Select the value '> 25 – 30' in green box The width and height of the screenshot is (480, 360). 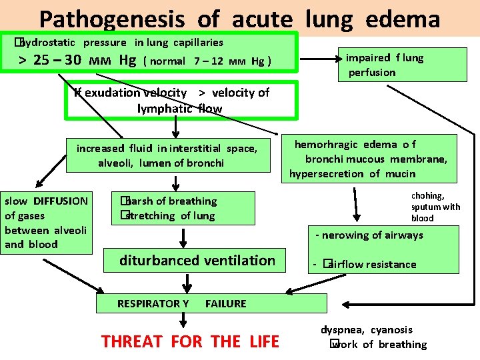click(50, 60)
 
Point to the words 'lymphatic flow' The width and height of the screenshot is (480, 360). click(179, 108)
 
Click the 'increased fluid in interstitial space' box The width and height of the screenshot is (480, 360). click(166, 155)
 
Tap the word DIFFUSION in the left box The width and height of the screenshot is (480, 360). click(61, 201)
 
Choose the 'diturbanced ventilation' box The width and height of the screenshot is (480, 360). click(197, 261)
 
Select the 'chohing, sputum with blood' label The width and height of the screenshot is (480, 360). click(435, 207)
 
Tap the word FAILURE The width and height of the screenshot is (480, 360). click(225, 303)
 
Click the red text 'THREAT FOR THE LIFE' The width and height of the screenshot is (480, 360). click(190, 342)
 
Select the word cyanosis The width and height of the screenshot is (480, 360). click(391, 329)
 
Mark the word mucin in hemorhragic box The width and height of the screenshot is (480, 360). click(401, 173)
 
